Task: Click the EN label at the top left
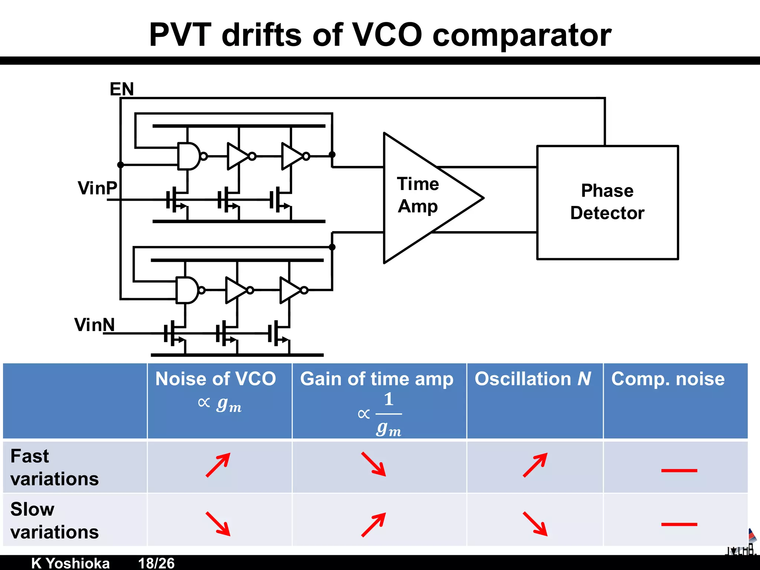(122, 89)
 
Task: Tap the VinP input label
(97, 188)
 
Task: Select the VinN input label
(94, 325)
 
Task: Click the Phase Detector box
(607, 202)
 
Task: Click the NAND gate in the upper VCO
(189, 156)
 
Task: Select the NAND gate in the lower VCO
(187, 290)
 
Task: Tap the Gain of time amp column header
(377, 379)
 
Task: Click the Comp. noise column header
(668, 379)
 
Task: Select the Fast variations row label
(55, 467)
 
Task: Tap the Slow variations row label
(55, 520)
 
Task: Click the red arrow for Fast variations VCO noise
(218, 465)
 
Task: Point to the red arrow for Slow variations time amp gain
(374, 524)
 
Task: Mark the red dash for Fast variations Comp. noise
(679, 471)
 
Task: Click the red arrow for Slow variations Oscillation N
(535, 524)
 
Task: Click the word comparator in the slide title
(522, 35)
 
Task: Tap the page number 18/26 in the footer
(156, 563)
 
